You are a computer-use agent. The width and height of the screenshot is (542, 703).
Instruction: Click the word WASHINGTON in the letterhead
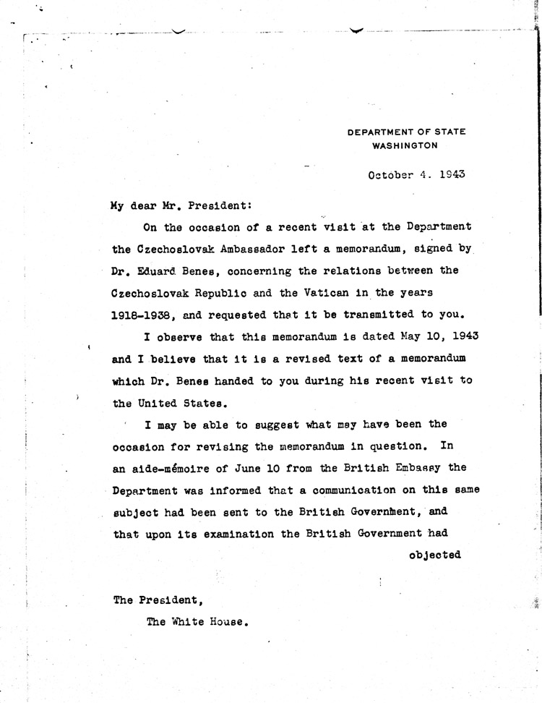point(405,145)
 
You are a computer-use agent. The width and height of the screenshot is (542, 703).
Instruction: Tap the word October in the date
point(391,174)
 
